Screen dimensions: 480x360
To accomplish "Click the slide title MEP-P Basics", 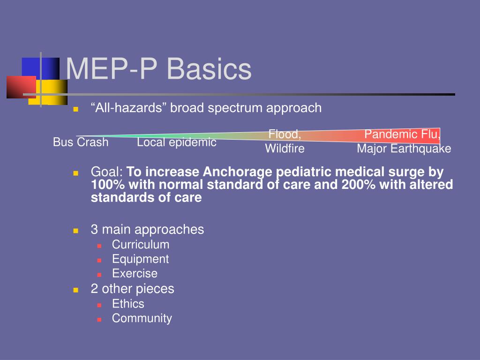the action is coord(158,69).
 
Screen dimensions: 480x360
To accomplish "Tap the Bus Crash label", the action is coord(81,142).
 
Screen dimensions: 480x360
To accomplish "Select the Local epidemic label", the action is coord(177,142).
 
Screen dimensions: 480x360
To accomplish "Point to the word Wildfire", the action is coord(285,149).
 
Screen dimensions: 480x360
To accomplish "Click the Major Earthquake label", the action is coord(404,149).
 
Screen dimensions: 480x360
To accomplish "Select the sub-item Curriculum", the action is coord(141,244).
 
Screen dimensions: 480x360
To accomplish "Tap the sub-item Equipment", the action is coord(140,259).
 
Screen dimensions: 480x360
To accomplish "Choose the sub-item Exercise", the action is coord(135,273).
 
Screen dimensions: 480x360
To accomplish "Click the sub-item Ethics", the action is coord(128,304).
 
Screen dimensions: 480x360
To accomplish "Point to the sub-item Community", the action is coord(142,318).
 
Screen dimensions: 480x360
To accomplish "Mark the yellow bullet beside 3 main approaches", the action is coord(76,231).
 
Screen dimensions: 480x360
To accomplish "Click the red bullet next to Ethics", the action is coord(99,305).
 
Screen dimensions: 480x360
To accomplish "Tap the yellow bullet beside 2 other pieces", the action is coord(76,290).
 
